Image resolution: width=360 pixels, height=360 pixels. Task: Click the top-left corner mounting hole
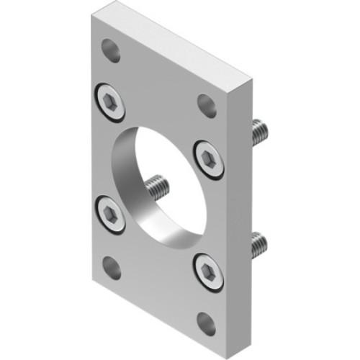pos(110,50)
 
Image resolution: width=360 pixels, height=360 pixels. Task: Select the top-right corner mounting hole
pos(207,104)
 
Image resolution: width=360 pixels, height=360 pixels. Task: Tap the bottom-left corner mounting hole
pos(111,268)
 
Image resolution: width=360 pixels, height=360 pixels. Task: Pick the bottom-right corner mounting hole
pos(207,323)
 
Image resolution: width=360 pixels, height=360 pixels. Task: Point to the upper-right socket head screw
pos(208,158)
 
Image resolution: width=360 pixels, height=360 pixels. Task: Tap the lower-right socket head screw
pos(208,271)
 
